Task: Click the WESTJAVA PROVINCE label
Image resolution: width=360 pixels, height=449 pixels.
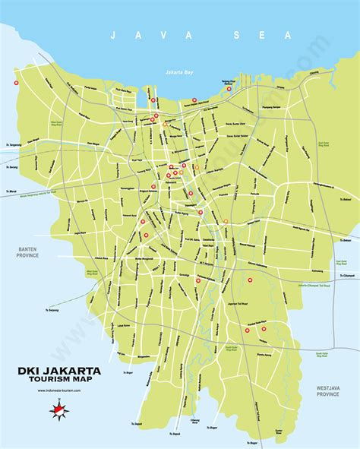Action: click(x=333, y=392)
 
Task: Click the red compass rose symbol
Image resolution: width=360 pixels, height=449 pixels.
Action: click(x=58, y=410)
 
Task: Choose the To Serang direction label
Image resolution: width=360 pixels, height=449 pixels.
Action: click(x=11, y=166)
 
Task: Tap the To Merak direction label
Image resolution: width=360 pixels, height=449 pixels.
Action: click(x=10, y=191)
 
